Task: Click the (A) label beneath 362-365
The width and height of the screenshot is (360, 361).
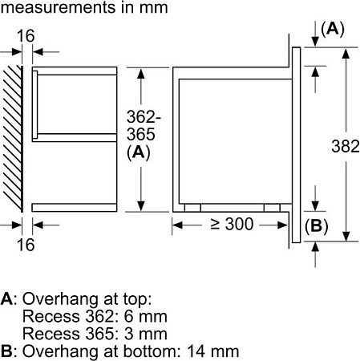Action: [141, 152]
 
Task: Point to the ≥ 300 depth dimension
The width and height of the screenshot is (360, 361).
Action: [233, 225]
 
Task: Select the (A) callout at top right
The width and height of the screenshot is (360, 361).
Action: [332, 29]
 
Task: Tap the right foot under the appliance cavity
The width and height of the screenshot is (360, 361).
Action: [273, 207]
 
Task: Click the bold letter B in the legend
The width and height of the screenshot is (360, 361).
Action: [6, 351]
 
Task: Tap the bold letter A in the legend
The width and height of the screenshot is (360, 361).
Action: [6, 298]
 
